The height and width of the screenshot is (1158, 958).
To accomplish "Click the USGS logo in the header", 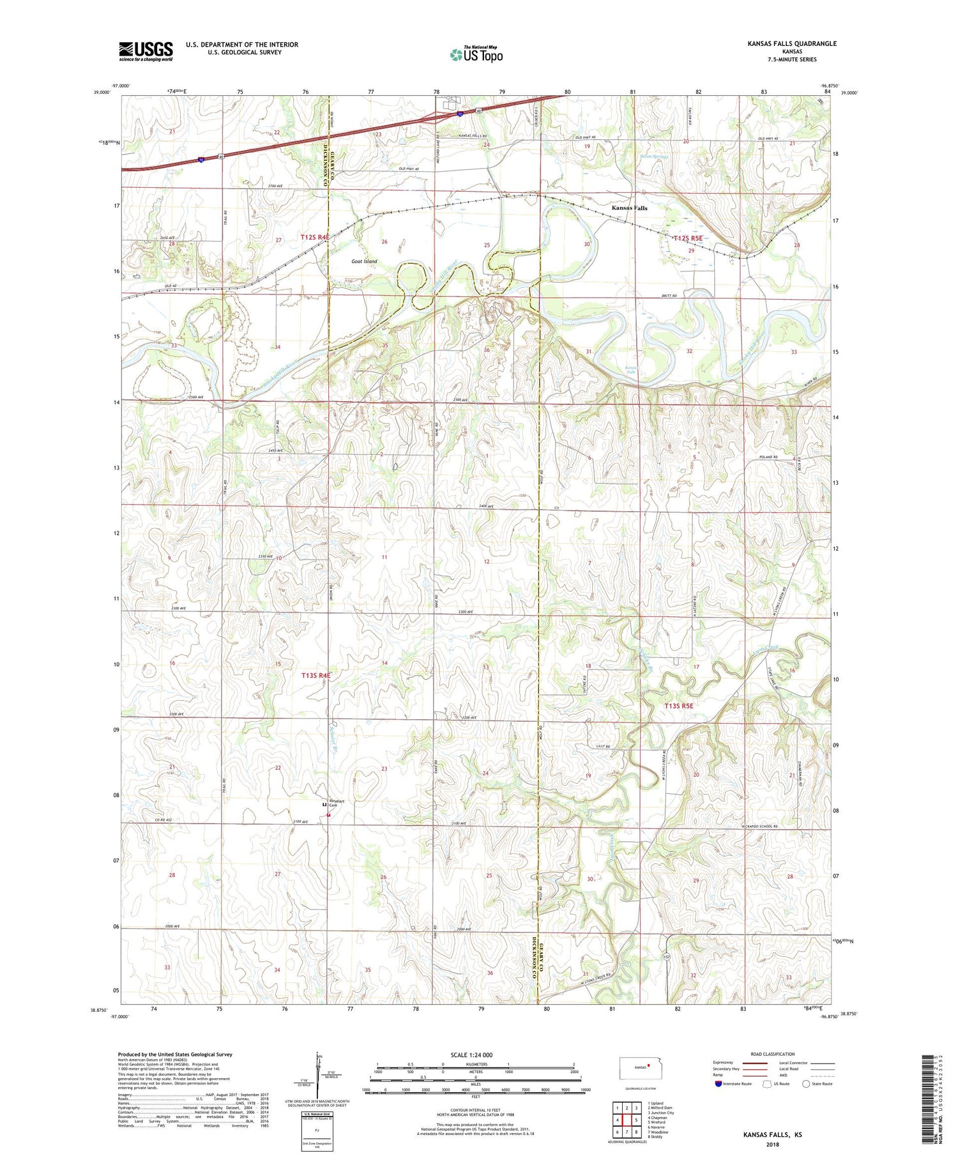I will (146, 51).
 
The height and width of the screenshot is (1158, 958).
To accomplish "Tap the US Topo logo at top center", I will (476, 54).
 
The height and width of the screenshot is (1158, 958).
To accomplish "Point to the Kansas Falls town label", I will (629, 208).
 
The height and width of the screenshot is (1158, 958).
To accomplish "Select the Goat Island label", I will (364, 261).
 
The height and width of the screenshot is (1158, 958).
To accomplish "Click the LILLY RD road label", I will (603, 746).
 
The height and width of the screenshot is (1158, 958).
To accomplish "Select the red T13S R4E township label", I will (316, 674).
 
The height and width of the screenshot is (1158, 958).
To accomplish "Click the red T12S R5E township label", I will (687, 238).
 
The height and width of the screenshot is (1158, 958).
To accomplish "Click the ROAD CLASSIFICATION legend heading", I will (773, 1054).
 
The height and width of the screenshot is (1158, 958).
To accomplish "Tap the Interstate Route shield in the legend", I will (718, 1084).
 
